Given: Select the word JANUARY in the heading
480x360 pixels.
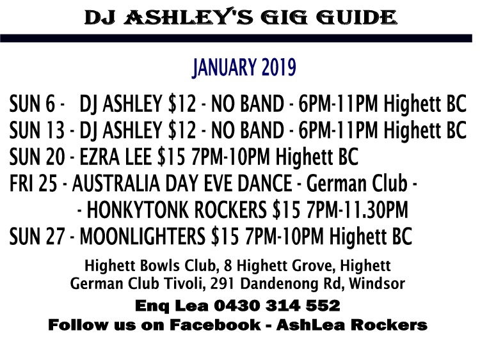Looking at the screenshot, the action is (x=225, y=68).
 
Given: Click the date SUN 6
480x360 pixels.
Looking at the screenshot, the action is (x=32, y=104).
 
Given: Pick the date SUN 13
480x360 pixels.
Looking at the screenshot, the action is (x=36, y=130).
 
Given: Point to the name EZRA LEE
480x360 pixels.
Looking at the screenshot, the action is (x=115, y=157).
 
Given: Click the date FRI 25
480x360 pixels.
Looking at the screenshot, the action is (x=33, y=184).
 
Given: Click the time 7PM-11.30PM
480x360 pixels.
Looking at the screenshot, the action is (x=357, y=210).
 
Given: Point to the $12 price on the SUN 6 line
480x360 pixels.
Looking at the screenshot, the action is (x=182, y=104).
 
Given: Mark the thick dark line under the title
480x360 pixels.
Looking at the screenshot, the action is (x=236, y=38).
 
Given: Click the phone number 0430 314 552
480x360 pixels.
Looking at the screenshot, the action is (x=276, y=306).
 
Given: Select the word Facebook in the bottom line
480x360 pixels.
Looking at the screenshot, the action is (x=215, y=325).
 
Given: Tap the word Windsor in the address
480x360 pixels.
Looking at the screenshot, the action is (x=377, y=283).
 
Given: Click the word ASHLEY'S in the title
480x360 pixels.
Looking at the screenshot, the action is (x=189, y=17).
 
